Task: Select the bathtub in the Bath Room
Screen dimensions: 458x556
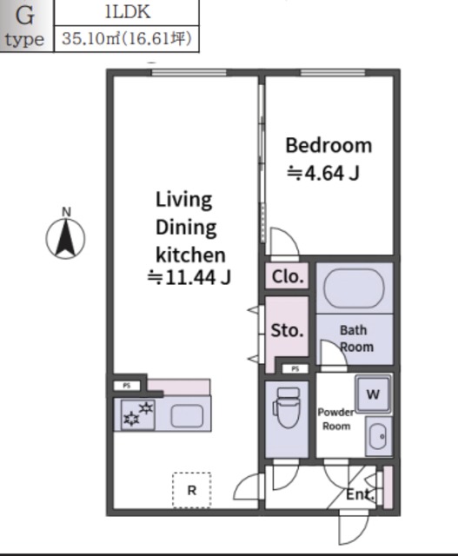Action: [x=354, y=288]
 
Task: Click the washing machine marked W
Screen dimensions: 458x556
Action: [x=373, y=394]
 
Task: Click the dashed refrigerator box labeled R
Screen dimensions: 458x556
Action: [x=192, y=490]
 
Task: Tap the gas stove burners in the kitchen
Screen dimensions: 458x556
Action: [x=138, y=414]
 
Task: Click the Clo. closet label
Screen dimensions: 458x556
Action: [x=288, y=276]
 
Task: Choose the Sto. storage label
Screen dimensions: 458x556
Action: [x=287, y=330]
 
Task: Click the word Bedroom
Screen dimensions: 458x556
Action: [x=329, y=145]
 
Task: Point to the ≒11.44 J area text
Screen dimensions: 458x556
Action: [x=189, y=277]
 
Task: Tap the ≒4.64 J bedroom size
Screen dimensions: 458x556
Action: [x=322, y=174]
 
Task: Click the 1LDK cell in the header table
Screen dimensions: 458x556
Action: [x=128, y=12]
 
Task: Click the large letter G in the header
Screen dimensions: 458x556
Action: [x=25, y=16]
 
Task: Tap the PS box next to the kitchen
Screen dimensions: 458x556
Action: [x=127, y=386]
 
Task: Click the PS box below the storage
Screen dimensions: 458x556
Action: [x=295, y=368]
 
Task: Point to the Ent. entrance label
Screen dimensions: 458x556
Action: [x=360, y=494]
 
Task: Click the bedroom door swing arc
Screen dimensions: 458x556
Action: [x=288, y=235]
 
